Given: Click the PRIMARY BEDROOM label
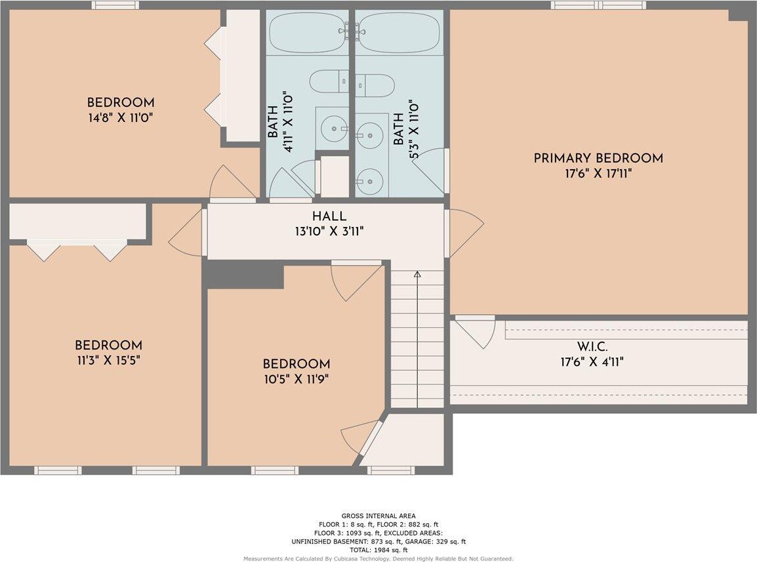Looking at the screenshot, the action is [x=598, y=158].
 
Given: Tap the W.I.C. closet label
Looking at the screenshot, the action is [x=592, y=347].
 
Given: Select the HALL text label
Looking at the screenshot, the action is [x=329, y=217].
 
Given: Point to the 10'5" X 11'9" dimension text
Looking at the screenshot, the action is [x=297, y=379].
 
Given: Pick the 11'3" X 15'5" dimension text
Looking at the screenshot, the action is [x=108, y=360].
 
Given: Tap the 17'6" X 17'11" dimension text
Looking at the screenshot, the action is [x=598, y=173].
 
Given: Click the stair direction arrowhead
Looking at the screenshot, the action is [x=417, y=274].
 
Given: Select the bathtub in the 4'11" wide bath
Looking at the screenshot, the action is [x=307, y=32].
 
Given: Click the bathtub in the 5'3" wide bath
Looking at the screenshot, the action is [x=399, y=32].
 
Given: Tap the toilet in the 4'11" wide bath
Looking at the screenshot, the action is [x=329, y=81].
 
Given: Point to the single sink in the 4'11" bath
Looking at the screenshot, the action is [x=334, y=129].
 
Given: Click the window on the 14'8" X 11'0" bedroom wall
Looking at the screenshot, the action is [x=115, y=5].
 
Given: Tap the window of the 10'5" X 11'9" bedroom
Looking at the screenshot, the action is [x=275, y=470].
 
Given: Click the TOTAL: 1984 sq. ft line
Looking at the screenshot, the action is [x=378, y=550].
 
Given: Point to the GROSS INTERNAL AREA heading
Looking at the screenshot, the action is [x=378, y=515].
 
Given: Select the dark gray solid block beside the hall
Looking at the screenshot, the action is [x=244, y=274].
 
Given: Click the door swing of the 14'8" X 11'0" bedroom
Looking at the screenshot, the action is [x=231, y=182].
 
